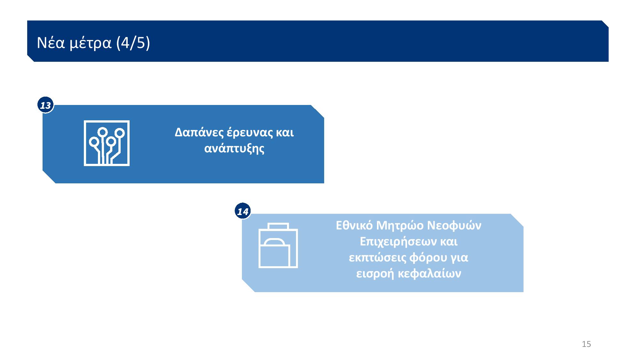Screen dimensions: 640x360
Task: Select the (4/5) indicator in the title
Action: pyautogui.click(x=133, y=43)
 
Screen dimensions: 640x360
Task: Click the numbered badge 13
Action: pyautogui.click(x=45, y=105)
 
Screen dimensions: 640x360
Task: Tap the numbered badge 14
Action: pyautogui.click(x=243, y=211)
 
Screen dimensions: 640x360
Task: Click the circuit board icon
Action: pyautogui.click(x=107, y=143)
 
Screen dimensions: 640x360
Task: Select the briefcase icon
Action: pyautogui.click(x=278, y=245)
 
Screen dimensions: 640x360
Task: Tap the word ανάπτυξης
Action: pyautogui.click(x=234, y=149)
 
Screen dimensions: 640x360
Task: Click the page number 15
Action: pyautogui.click(x=586, y=344)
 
